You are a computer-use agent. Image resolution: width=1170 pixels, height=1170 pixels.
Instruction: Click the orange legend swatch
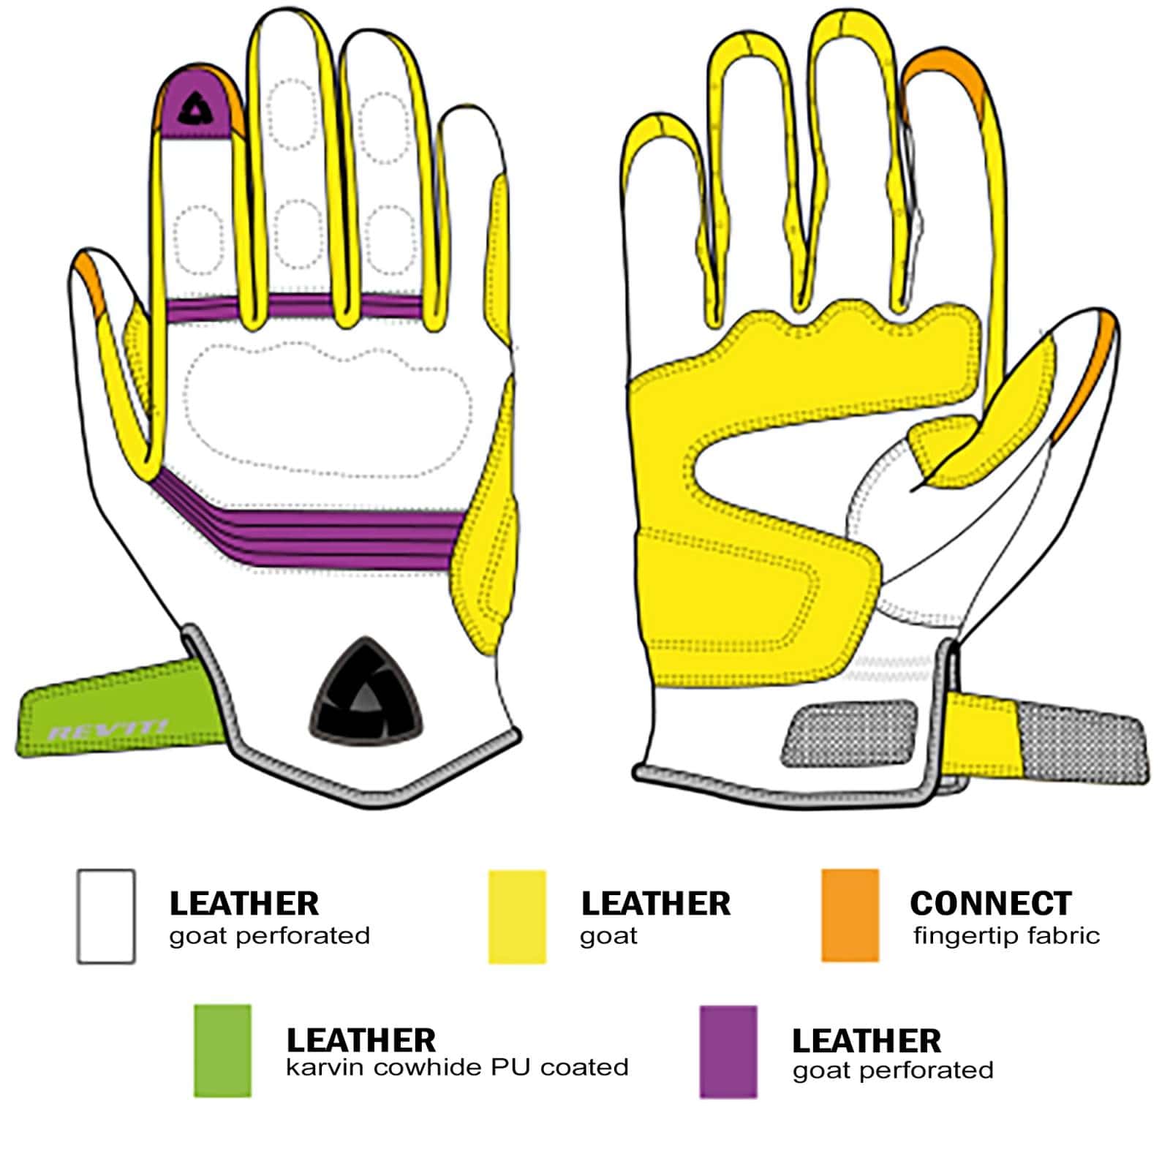click(849, 915)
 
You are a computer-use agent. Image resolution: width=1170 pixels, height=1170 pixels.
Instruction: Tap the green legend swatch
click(222, 1050)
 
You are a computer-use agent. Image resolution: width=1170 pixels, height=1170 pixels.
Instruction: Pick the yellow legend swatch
click(517, 916)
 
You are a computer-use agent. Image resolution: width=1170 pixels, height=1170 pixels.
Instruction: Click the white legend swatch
click(106, 916)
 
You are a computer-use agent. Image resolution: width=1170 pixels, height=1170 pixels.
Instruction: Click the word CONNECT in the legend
click(990, 903)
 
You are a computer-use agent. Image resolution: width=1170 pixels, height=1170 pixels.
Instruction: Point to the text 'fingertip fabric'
click(1006, 935)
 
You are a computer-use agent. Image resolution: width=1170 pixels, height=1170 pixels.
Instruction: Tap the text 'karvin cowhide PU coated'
click(457, 1067)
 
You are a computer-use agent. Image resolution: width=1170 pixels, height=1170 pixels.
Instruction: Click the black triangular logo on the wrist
click(366, 692)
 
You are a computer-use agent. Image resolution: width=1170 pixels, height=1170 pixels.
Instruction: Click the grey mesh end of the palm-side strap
click(1079, 739)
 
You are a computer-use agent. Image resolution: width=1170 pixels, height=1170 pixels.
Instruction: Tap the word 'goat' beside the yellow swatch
click(608, 937)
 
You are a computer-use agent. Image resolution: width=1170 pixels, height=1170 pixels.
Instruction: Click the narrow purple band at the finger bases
click(292, 307)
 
